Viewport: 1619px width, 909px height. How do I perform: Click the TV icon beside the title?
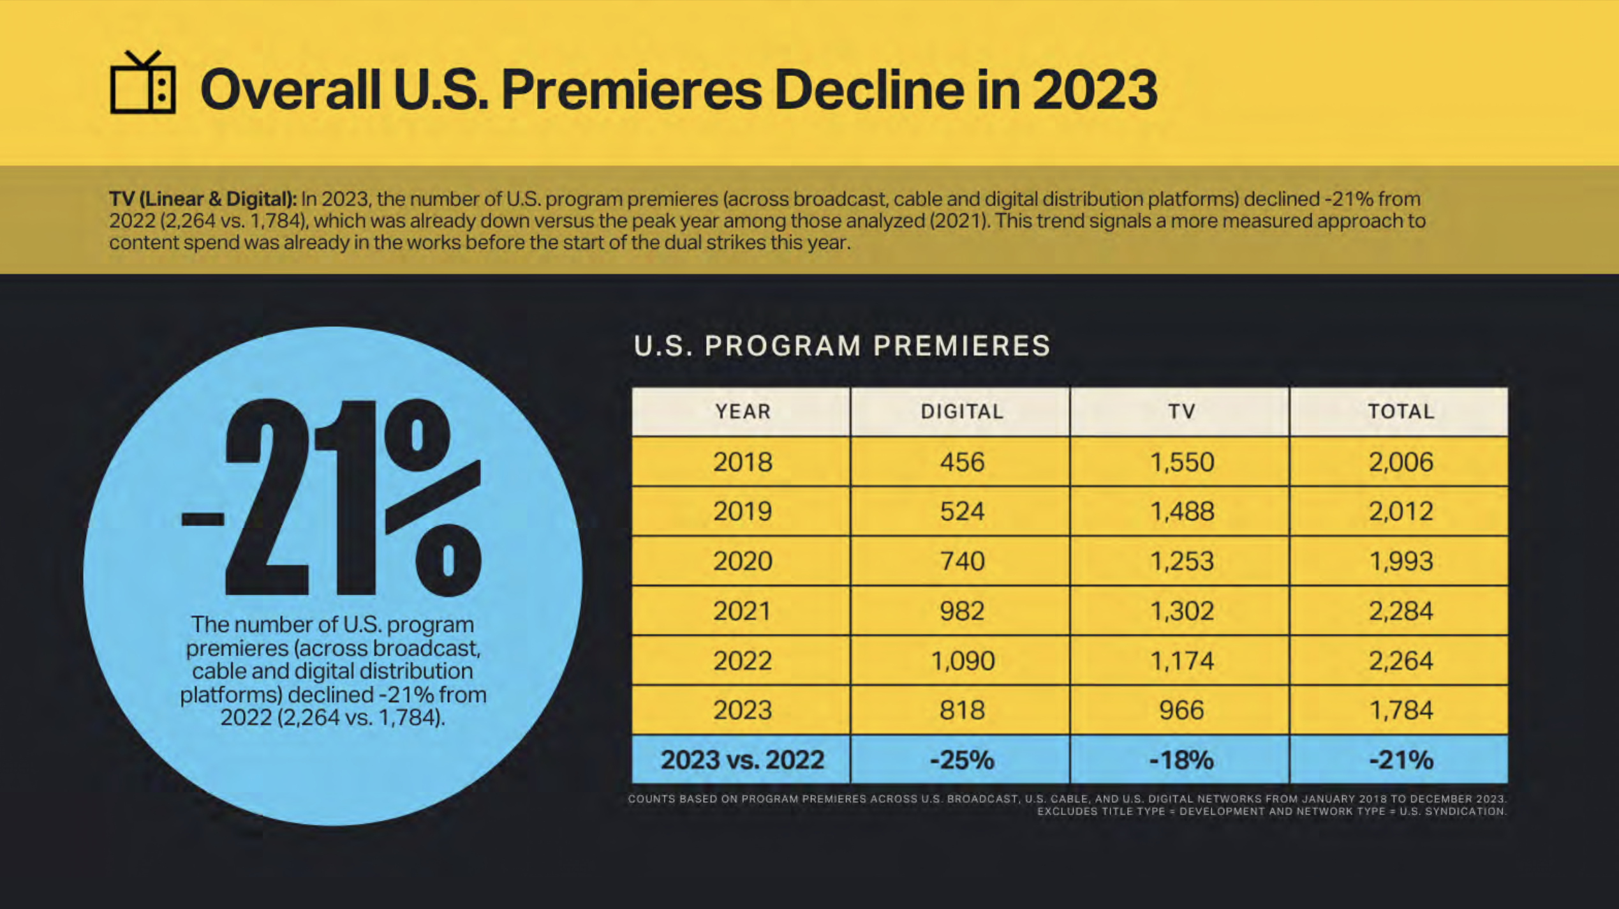tap(143, 83)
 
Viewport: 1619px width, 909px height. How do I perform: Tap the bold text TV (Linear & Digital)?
tap(203, 199)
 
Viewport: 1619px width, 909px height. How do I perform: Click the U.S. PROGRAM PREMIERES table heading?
tap(842, 346)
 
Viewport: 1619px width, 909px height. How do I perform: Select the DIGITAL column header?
tap(962, 412)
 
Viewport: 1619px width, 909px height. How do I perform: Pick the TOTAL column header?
tap(1401, 412)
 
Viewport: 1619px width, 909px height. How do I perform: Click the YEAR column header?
tap(743, 412)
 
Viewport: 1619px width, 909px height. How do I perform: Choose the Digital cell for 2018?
tap(962, 462)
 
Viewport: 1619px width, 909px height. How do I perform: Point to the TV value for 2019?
tap(1181, 511)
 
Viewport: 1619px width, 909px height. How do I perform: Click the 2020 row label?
tap(743, 561)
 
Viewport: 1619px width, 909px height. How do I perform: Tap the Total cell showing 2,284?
tap(1401, 611)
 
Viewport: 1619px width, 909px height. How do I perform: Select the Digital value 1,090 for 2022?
tap(962, 661)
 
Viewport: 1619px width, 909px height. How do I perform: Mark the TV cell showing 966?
tap(1181, 710)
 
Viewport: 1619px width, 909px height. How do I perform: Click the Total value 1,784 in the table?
tap(1401, 710)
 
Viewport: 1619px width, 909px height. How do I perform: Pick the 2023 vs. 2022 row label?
tap(743, 760)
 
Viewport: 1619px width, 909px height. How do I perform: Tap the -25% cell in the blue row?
tap(962, 760)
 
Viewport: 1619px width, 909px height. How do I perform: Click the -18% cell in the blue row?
tap(1181, 760)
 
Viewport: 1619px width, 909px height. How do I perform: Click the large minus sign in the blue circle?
tap(203, 518)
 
